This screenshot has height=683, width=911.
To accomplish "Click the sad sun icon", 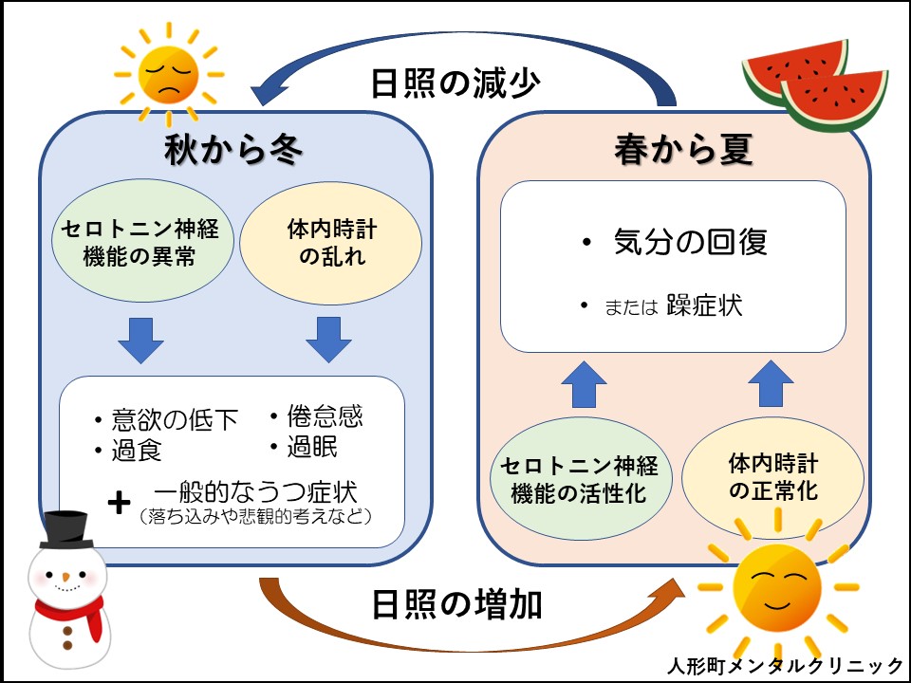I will [x=166, y=74].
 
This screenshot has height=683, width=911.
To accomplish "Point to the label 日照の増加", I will [x=456, y=604].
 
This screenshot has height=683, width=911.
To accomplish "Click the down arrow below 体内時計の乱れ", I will [x=328, y=339].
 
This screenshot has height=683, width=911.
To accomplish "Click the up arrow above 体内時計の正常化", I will [x=771, y=385].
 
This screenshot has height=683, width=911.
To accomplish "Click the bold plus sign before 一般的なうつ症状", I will [x=119, y=503].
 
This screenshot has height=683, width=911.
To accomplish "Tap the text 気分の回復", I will [x=688, y=243].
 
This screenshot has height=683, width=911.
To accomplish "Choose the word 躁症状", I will [x=704, y=305].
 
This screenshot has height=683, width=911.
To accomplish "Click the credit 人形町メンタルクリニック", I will [x=785, y=665].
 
